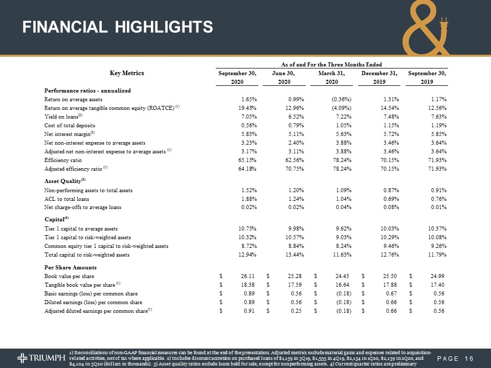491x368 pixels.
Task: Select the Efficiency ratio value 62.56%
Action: coord(294,160)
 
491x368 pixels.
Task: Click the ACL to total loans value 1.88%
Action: coord(248,199)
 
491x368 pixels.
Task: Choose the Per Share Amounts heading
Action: coord(71,268)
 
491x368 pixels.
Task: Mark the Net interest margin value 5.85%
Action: coord(437,133)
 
